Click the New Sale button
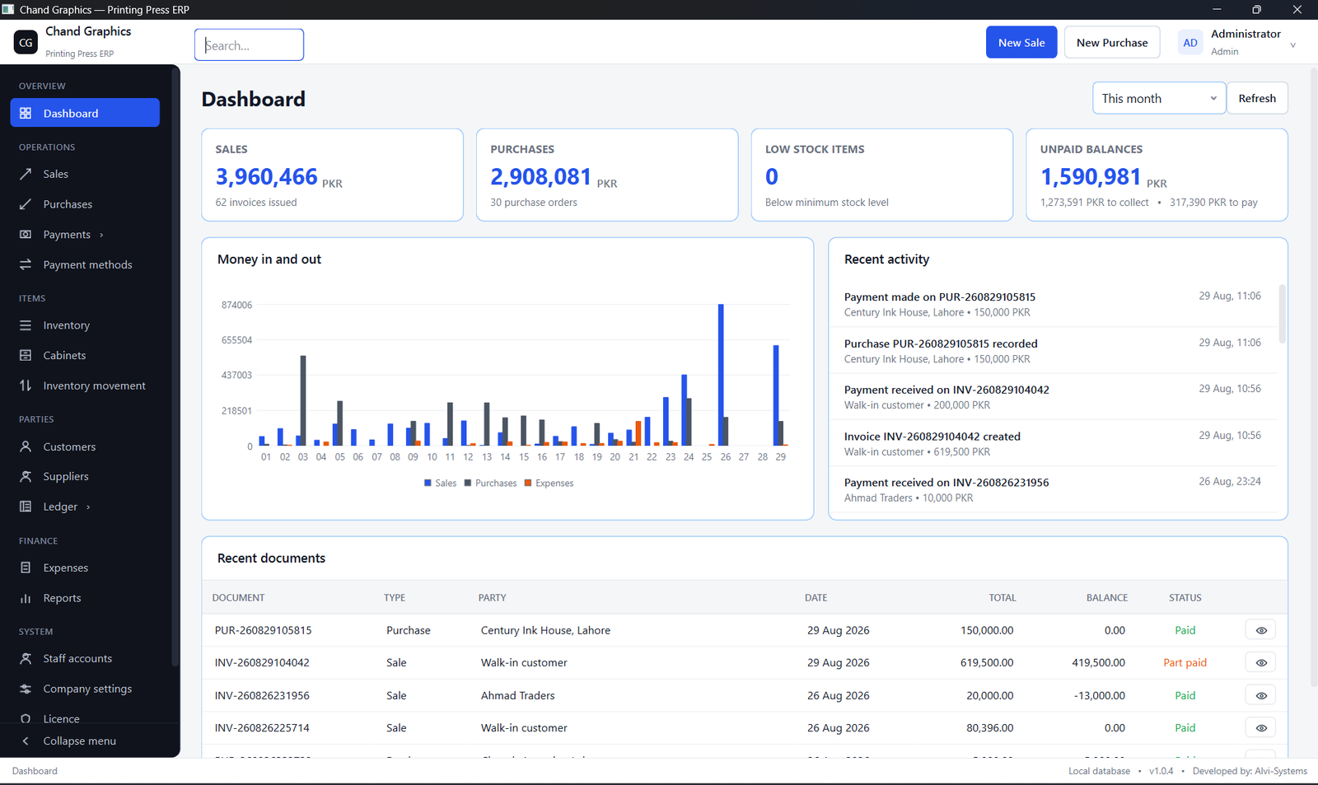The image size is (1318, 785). [x=1021, y=42]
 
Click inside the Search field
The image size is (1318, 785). [x=249, y=44]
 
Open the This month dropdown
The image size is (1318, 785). [x=1158, y=98]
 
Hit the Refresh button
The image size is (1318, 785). [x=1257, y=98]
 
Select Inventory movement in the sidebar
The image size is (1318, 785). [x=94, y=385]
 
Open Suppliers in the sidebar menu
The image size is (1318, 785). [x=65, y=476]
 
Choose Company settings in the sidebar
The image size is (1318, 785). [x=87, y=689]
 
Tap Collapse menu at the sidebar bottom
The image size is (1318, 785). [x=79, y=741]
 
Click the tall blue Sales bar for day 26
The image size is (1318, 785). [x=721, y=375]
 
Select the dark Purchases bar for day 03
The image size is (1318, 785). [x=303, y=401]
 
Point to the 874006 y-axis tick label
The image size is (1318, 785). [x=236, y=305]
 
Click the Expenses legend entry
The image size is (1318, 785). [x=549, y=484]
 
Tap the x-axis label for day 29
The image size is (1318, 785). [x=780, y=456]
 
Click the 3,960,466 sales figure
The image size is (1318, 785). [x=267, y=176]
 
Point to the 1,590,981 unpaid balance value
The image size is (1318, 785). [x=1091, y=176]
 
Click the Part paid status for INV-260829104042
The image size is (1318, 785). [x=1185, y=662]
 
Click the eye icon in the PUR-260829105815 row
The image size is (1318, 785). [x=1261, y=630]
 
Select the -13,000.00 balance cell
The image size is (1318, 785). [x=1099, y=695]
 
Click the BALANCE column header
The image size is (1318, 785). [x=1107, y=598]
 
